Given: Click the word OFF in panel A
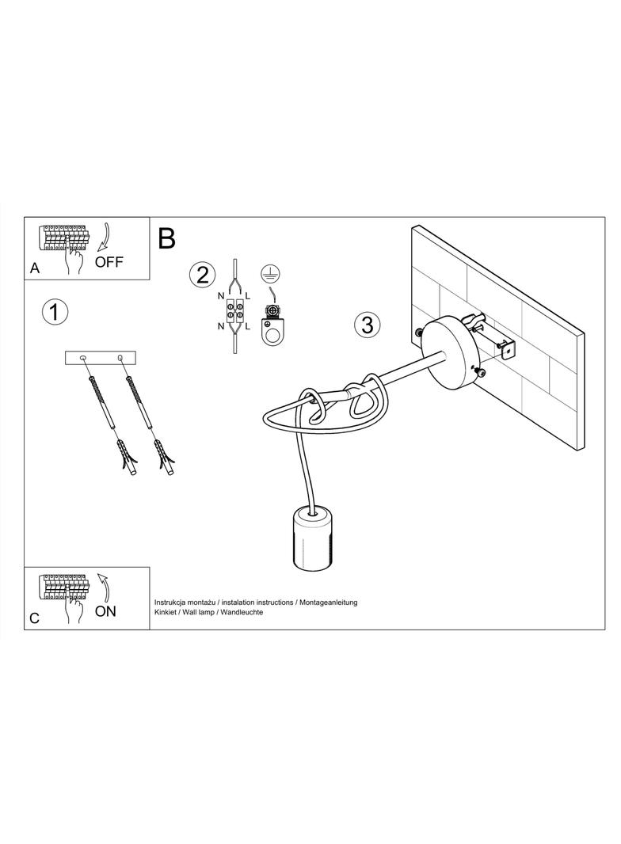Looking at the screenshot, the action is pos(109,262).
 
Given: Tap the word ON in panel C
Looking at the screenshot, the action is pos(105,611).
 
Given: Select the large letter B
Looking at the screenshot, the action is pos(167,238).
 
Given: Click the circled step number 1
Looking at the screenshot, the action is pos(55,312).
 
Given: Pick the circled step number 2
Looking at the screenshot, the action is pos(203,275).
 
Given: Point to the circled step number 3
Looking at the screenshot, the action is pos(367,325).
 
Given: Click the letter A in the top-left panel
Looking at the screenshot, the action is pos(35,268).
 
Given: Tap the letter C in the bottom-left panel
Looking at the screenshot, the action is pos(35,618).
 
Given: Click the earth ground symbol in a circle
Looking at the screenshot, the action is pos(267,274).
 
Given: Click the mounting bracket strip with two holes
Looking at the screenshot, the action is pos(101,358).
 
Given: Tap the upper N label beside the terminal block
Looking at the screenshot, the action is pos(221,295).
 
